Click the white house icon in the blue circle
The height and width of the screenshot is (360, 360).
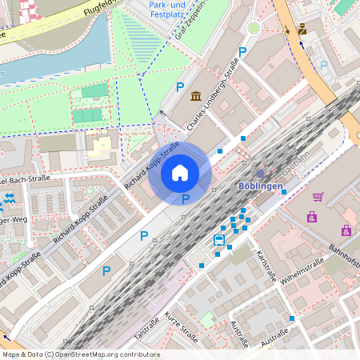click(180, 172)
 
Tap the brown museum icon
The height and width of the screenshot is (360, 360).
click(196, 97)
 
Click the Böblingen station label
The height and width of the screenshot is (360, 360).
click(261, 186)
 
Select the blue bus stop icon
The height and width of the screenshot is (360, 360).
click(219, 240)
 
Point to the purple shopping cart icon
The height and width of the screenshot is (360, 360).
click(318, 197)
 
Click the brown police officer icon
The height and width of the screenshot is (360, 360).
click(302, 30)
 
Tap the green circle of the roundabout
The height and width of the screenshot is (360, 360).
click(254, 28)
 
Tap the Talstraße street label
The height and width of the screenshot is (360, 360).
click(149, 328)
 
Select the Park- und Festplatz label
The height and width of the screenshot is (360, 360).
click(170, 9)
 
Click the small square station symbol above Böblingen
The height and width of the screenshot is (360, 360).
click(259, 173)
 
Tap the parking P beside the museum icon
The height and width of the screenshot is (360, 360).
click(180, 87)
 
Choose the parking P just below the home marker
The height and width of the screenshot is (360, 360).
click(186, 198)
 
